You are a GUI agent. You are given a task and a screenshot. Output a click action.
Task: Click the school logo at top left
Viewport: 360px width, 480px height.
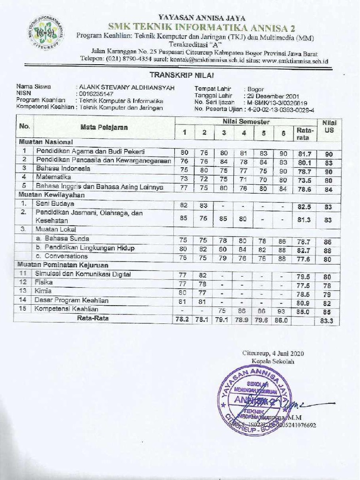[x=46, y=32]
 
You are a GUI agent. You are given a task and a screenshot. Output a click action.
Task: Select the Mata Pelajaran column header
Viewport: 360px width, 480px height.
[x=104, y=127]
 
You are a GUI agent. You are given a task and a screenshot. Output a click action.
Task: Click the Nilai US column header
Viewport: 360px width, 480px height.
[x=329, y=127]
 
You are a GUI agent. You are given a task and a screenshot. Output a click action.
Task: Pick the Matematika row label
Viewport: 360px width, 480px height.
[x=53, y=177]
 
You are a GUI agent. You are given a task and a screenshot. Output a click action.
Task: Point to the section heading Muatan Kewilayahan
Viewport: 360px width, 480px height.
[x=52, y=195]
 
